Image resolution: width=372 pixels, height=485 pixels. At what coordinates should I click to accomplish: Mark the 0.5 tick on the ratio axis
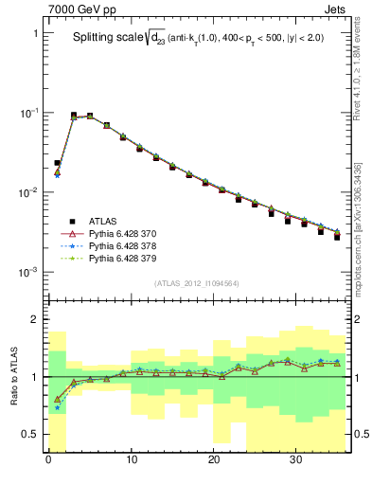(32, 434)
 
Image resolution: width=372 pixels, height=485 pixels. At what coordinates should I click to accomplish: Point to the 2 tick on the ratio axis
(36, 319)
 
